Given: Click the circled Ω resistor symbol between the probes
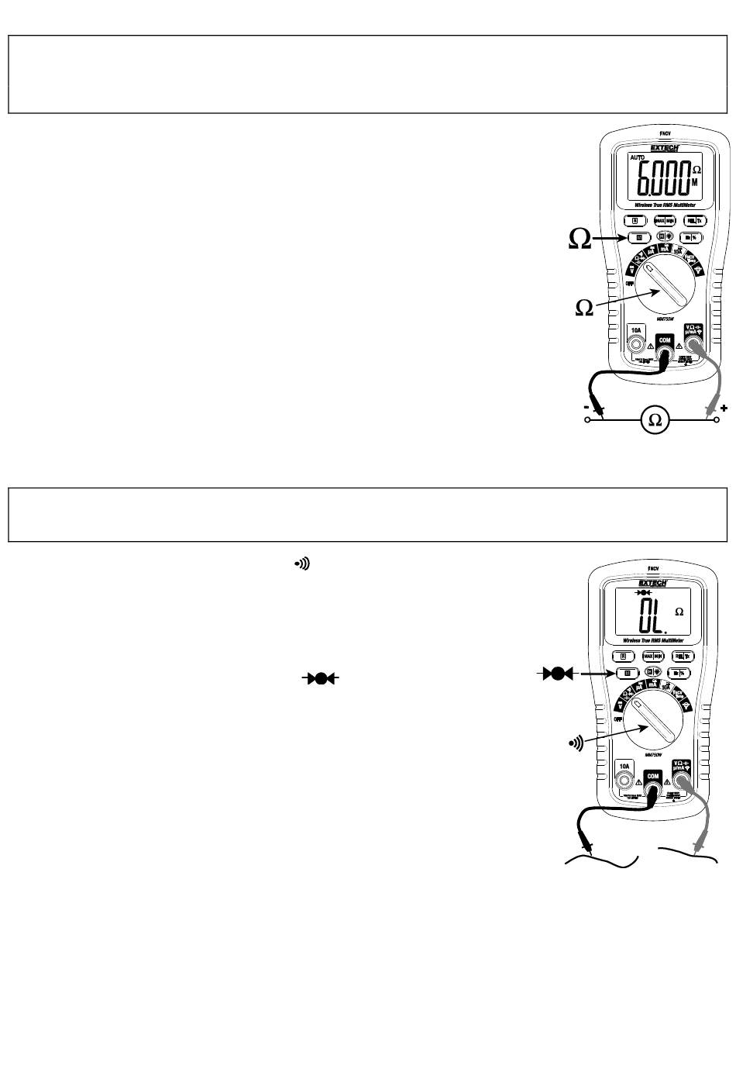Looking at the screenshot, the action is (655, 419).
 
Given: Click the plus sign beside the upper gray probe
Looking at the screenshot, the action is (724, 408).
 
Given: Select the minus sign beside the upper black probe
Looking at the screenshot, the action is (588, 407).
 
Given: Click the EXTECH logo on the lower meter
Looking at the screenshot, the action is (648, 582).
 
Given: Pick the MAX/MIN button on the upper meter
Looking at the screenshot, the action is (665, 219).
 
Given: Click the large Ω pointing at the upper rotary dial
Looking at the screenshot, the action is (584, 308).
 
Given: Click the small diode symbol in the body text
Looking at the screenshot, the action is (321, 678).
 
